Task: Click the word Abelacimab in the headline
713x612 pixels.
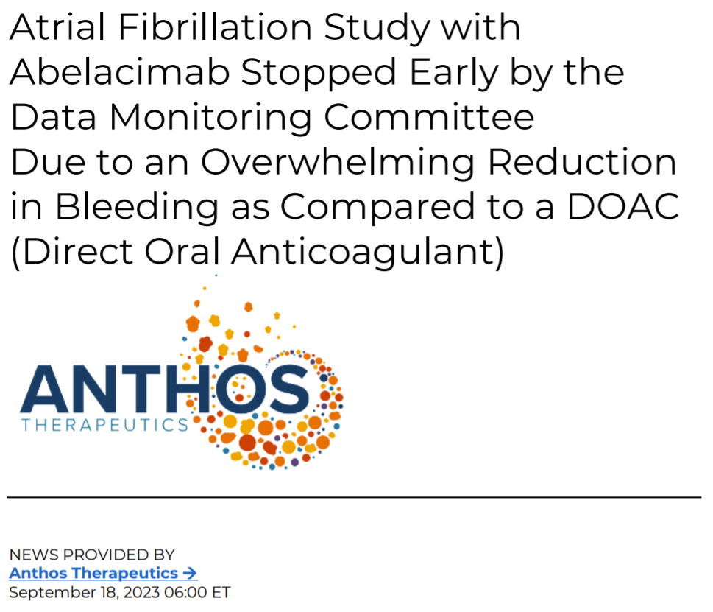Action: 120,72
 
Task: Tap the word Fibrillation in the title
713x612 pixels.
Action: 215,27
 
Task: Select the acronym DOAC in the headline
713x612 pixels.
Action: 623,207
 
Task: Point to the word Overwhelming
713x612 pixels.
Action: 338,163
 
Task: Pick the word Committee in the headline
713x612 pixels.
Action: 429,117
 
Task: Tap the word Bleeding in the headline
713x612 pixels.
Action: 138,208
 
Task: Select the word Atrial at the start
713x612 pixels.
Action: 57,27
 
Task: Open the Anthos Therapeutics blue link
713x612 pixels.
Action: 93,573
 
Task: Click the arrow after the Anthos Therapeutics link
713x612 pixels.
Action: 189,573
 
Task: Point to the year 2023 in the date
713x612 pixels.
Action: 141,592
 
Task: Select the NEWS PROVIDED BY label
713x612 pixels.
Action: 92,555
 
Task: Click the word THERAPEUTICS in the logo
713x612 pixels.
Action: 104,425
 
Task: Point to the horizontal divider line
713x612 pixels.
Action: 354,497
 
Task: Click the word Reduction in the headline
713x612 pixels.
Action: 583,162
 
